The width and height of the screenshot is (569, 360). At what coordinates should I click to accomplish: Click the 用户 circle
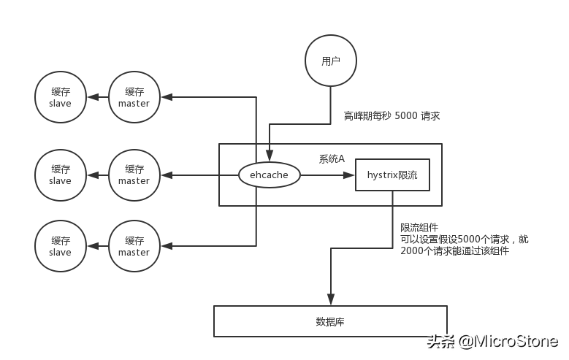[x=331, y=61]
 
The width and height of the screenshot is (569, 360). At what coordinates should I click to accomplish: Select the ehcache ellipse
[x=270, y=175]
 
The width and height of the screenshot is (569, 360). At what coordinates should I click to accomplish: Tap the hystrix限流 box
[x=392, y=175]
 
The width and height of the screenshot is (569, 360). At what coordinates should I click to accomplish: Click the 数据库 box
[x=330, y=321]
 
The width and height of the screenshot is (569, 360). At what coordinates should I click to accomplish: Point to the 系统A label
[x=332, y=158]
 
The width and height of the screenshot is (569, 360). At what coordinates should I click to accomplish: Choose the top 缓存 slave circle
[x=60, y=98]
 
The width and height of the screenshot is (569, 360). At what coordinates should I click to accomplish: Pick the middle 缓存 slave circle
[x=60, y=175]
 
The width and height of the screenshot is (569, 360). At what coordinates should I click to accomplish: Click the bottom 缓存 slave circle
[x=60, y=247]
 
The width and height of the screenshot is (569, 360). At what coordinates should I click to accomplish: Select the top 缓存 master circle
[x=134, y=98]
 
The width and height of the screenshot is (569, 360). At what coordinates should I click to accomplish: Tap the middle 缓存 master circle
[x=134, y=175]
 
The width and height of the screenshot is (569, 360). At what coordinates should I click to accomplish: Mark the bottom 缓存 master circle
[x=134, y=247]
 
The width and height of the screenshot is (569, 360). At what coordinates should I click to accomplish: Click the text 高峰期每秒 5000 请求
[x=392, y=116]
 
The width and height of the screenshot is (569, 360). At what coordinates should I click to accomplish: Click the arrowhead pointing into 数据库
[x=331, y=299]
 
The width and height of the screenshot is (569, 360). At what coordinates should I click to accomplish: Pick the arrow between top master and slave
[x=97, y=98]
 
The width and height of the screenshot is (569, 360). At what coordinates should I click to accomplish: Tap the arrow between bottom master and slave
[x=97, y=247]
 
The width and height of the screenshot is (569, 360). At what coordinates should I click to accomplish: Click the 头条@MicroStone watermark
[x=492, y=341]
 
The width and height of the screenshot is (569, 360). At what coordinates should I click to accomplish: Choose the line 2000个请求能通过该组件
[x=454, y=250]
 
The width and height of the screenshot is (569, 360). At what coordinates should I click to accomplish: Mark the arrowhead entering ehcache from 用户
[x=270, y=156]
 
